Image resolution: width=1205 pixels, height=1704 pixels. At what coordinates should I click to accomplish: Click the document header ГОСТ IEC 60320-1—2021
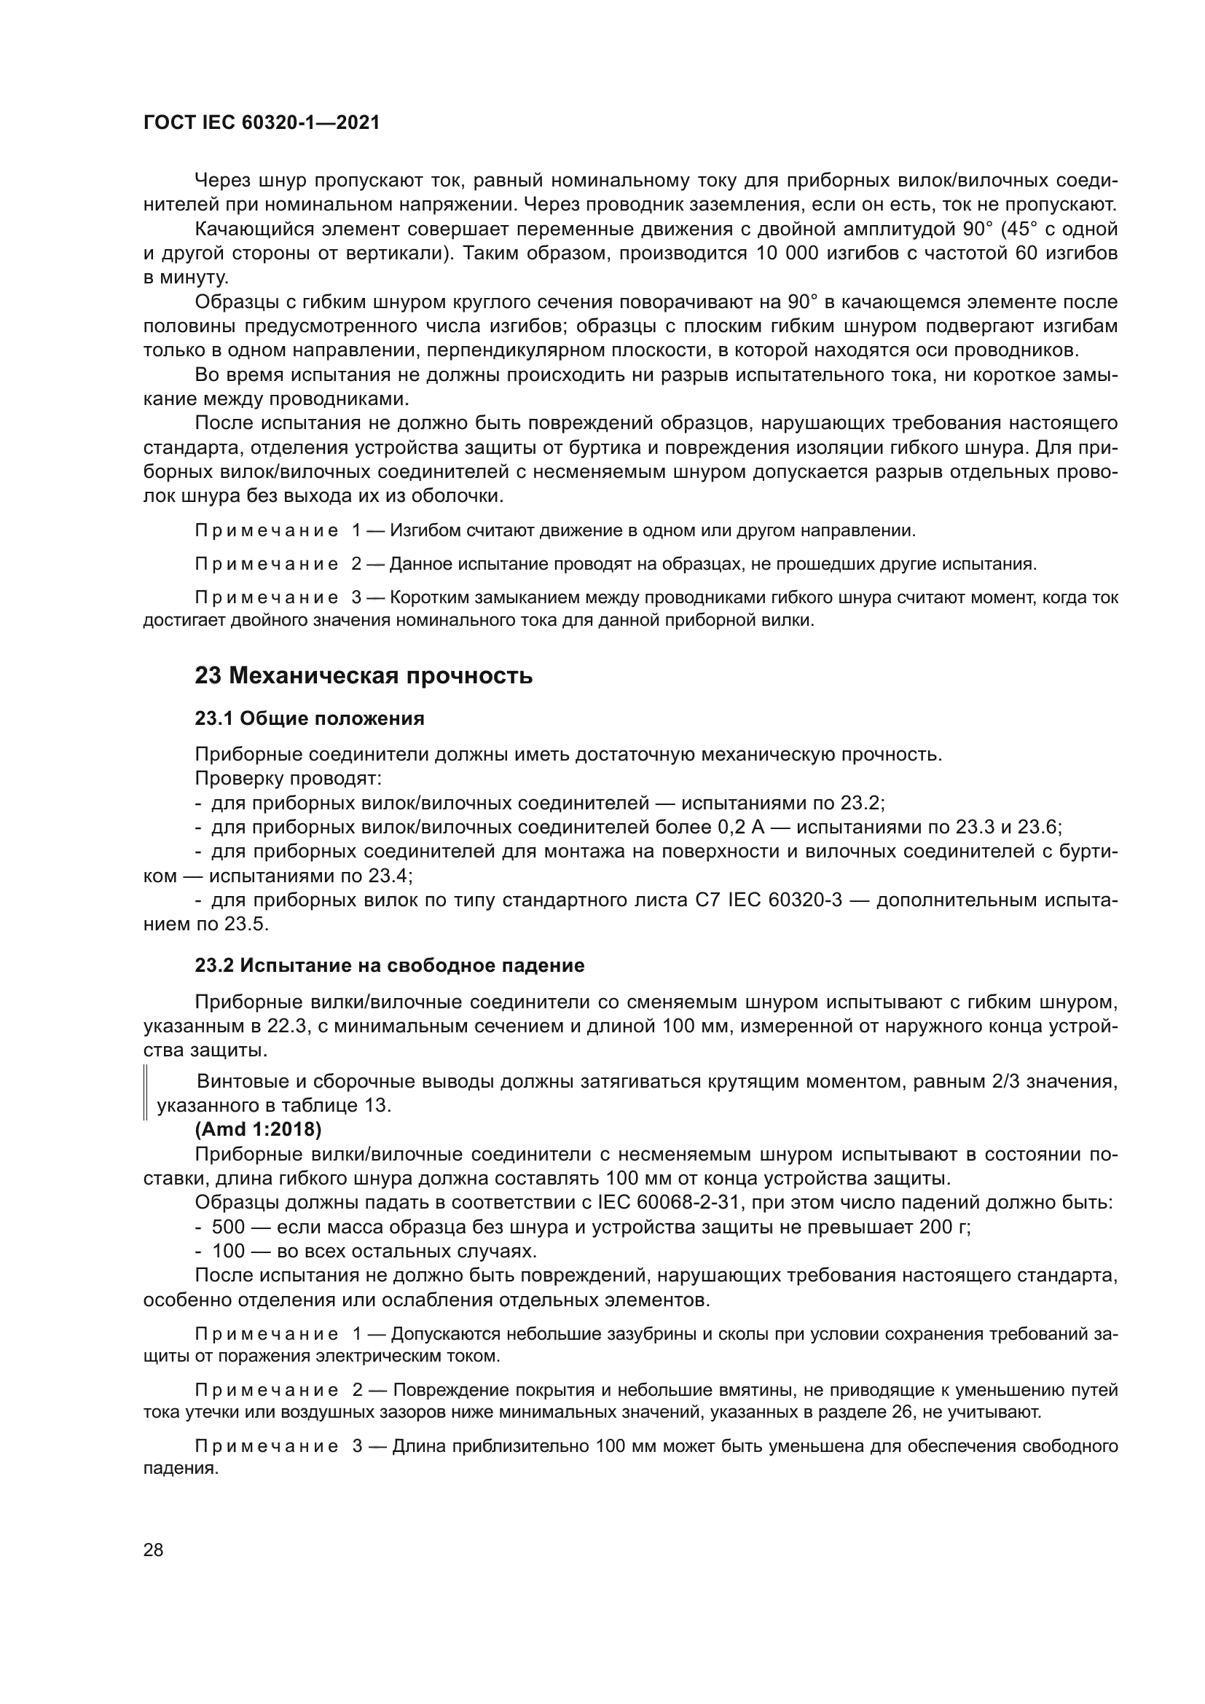pyautogui.click(x=262, y=123)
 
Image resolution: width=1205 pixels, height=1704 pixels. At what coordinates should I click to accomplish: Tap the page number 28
pyautogui.click(x=153, y=1549)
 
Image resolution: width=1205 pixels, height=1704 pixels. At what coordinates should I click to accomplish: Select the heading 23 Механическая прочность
pyautogui.click(x=364, y=676)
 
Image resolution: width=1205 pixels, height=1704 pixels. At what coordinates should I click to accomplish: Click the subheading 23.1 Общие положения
pyautogui.click(x=310, y=718)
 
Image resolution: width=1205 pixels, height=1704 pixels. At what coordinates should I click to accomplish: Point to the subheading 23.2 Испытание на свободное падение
pyautogui.click(x=390, y=965)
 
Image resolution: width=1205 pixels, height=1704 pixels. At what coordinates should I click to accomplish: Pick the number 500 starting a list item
pyautogui.click(x=228, y=1227)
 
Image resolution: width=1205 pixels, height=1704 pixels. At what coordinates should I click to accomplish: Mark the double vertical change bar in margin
pyautogui.click(x=146, y=1093)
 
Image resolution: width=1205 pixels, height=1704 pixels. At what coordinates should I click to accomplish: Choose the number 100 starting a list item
pyautogui.click(x=228, y=1252)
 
